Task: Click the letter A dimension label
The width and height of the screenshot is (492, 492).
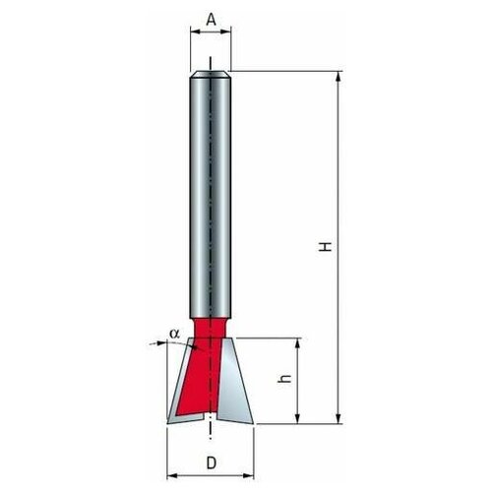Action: [x=212, y=20]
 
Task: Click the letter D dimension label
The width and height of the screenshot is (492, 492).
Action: [x=212, y=463]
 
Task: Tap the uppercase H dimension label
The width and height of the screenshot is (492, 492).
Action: [x=326, y=246]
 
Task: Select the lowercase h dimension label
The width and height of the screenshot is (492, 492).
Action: [x=284, y=378]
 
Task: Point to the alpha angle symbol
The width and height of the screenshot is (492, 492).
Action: [x=175, y=334]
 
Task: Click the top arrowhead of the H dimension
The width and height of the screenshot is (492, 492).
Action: [x=338, y=77]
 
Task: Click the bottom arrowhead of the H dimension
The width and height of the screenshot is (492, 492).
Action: [x=338, y=419]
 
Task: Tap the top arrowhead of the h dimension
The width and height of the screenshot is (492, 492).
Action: [x=297, y=343]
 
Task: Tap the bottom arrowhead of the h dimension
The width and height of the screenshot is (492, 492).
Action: [x=297, y=419]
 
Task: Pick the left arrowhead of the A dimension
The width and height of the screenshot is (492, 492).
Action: [x=196, y=31]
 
